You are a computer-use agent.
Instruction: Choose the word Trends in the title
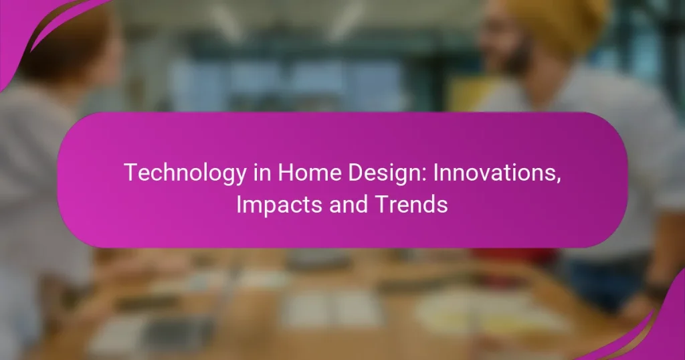[409, 205]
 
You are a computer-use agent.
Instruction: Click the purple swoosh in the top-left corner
[27, 27]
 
